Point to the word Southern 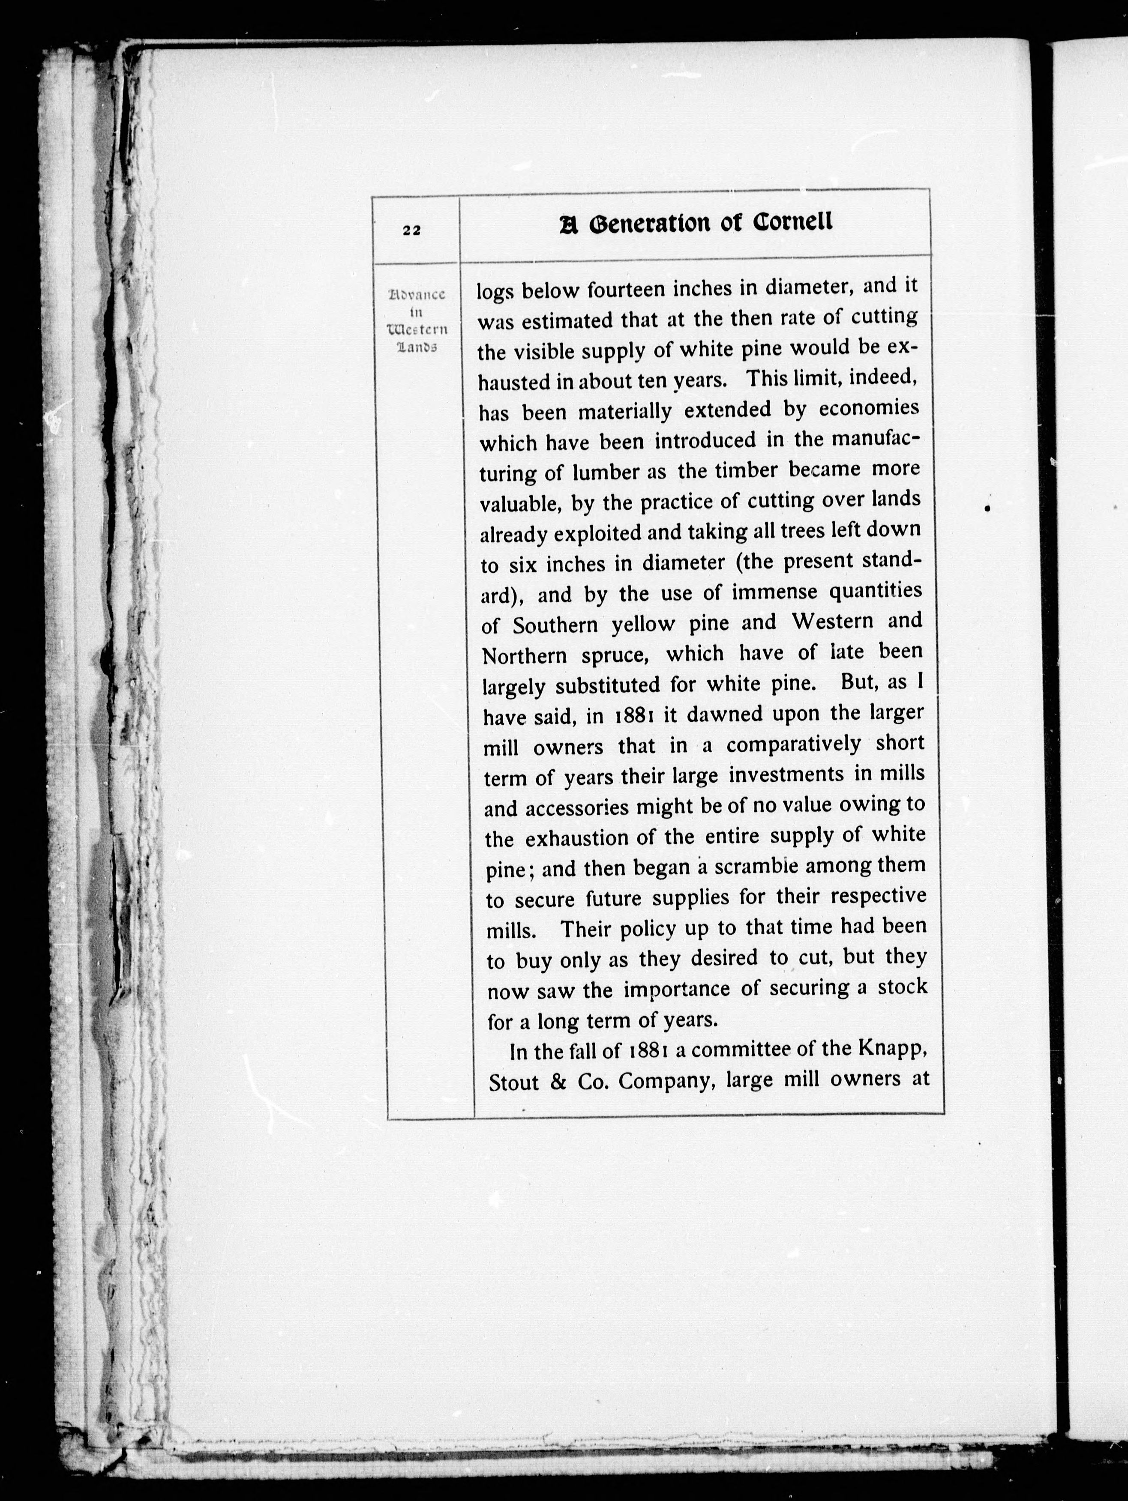tap(555, 625)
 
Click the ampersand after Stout tap(558, 1082)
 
